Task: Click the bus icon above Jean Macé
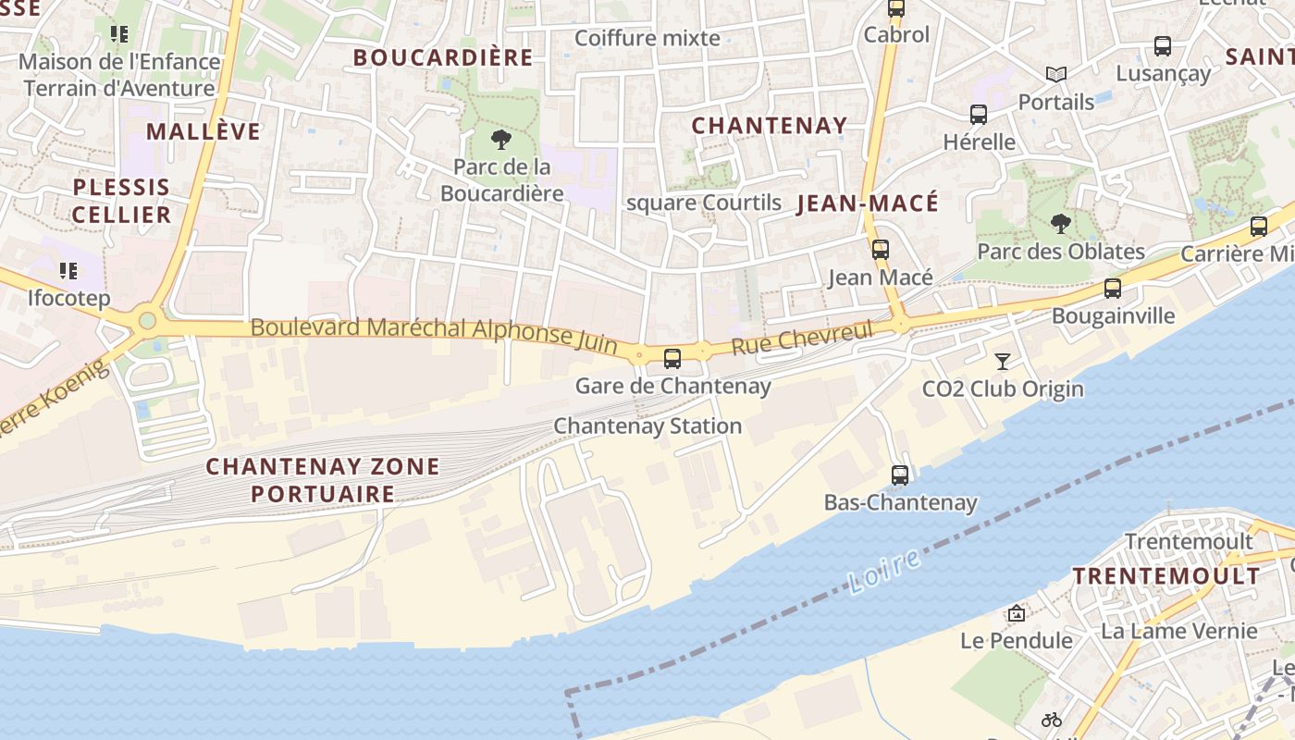pos(880,249)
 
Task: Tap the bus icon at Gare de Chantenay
pos(672,358)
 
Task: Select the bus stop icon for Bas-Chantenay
pos(900,475)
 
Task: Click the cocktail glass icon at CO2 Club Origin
pos(1002,361)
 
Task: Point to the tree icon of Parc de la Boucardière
pos(501,140)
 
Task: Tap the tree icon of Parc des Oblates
pos(1060,223)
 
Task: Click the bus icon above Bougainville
pos(1113,288)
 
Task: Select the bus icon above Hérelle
pos(979,115)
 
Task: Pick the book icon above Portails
pos(1055,74)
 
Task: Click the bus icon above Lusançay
pos(1163,45)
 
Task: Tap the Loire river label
pos(883,571)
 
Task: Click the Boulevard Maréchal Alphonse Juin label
pos(434,334)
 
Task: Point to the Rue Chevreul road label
pos(802,339)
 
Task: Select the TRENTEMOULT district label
pos(1165,575)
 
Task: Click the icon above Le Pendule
pos(1017,613)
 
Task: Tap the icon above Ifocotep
pos(68,271)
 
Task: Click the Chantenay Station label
pos(647,426)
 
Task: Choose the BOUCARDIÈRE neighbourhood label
pos(443,57)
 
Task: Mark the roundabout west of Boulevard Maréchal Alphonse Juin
pos(146,322)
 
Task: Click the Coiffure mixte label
pos(647,38)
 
